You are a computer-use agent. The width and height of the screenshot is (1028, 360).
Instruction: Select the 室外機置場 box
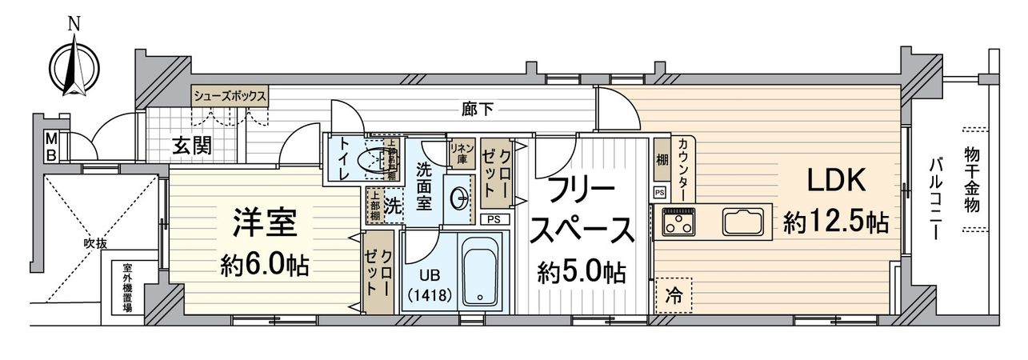(127, 287)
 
